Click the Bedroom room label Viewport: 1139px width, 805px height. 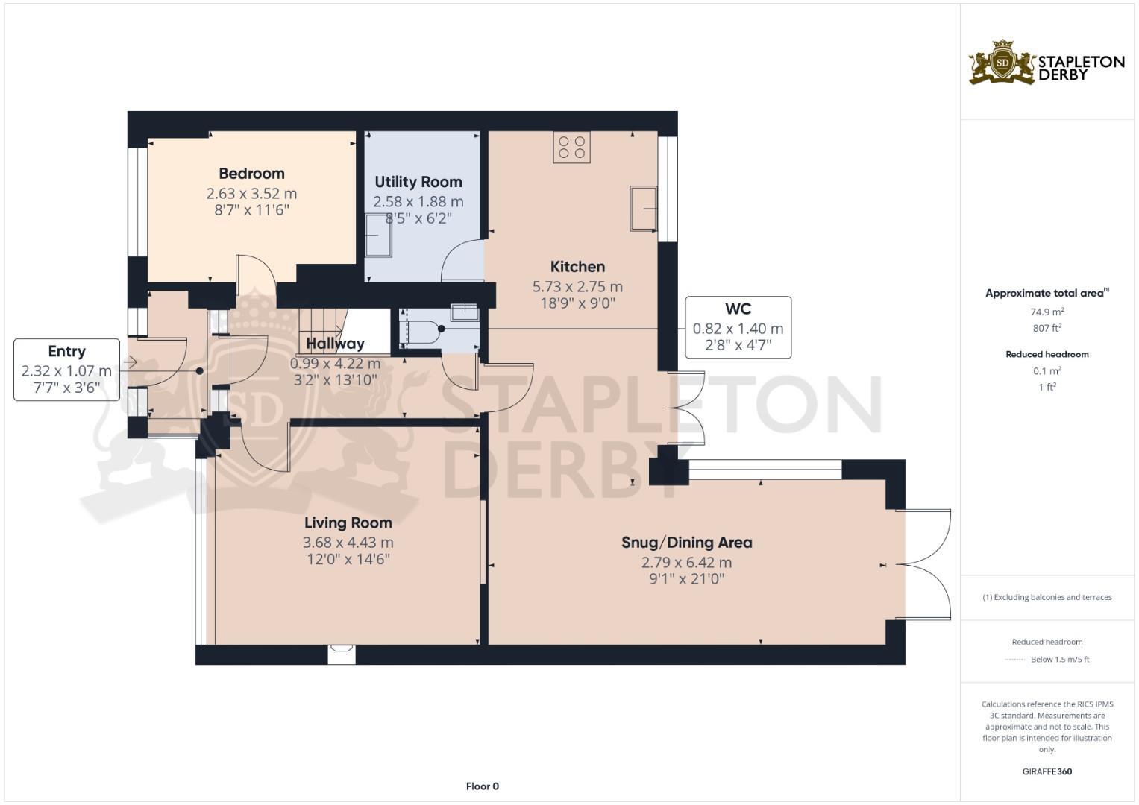click(x=251, y=174)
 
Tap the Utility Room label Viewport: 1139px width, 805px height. click(x=418, y=182)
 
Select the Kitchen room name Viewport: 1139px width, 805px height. click(x=577, y=267)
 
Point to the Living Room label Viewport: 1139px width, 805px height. click(x=348, y=523)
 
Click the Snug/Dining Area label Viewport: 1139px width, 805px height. click(x=686, y=543)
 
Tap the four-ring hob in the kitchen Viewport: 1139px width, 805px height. click(x=571, y=147)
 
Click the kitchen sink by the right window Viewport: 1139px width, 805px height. click(x=643, y=208)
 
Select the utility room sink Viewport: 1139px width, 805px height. click(x=378, y=236)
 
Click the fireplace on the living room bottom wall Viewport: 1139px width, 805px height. click(x=342, y=654)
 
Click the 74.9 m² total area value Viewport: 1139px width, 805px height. click(x=1047, y=312)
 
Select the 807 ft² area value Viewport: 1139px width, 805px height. click(x=1047, y=328)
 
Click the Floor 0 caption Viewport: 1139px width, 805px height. click(x=482, y=786)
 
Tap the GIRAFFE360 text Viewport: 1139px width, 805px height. click(x=1047, y=771)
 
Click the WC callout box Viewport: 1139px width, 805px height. click(x=738, y=327)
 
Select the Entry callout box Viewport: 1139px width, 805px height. click(x=66, y=370)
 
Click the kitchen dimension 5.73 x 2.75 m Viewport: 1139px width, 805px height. click(x=577, y=286)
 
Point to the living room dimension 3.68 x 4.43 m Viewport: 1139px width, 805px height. click(x=348, y=543)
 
